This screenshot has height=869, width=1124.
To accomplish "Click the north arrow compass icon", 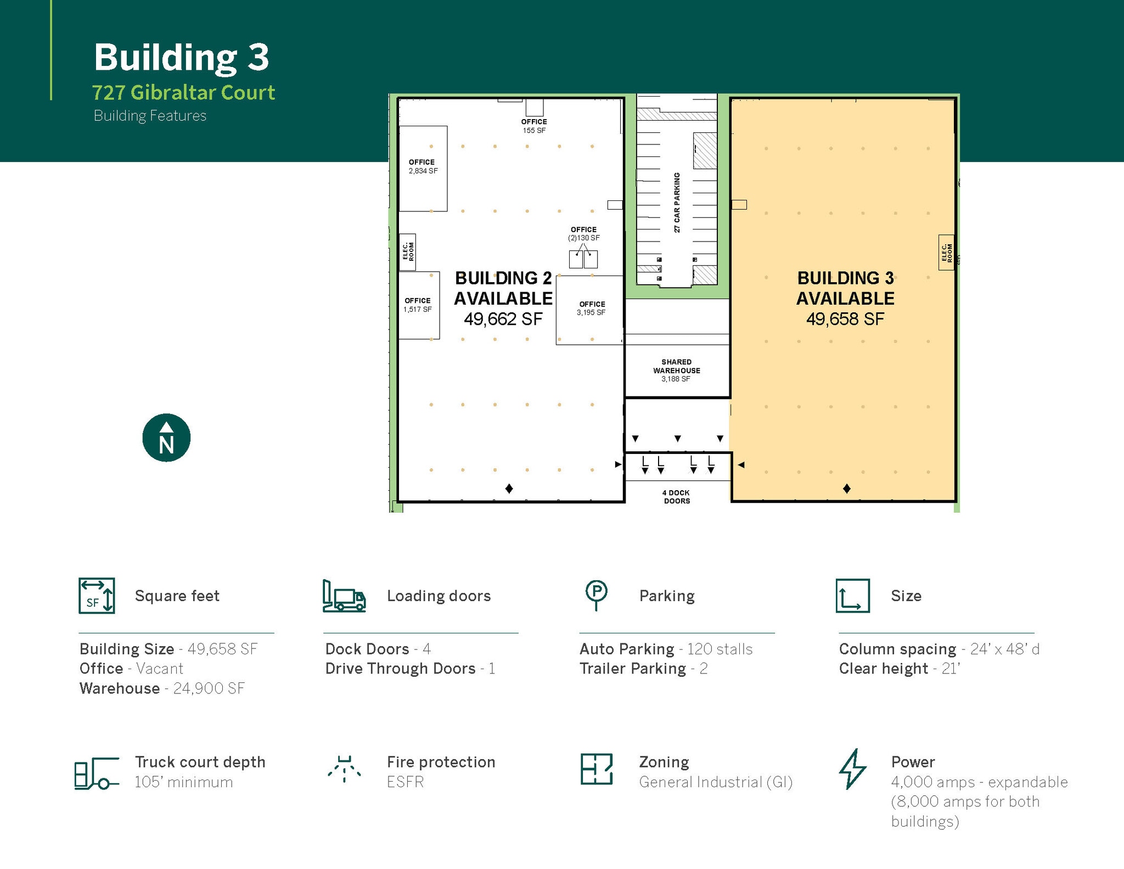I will pos(166,438).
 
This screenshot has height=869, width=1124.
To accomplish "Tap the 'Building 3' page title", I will pos(181,57).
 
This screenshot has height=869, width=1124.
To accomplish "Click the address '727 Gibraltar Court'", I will pos(183,92).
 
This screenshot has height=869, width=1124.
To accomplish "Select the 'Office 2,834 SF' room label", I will pos(422,167).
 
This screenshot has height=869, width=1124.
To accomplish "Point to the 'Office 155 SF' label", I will pos(534,126).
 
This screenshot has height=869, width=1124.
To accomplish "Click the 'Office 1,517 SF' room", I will pos(418,305).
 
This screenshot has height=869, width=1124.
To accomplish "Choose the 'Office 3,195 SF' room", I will pos(591,309).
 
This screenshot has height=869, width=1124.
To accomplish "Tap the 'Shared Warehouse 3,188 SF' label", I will pos(676,371).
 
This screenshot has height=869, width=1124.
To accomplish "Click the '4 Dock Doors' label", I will pos(676,497).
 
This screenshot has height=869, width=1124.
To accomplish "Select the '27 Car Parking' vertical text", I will pos(677,203).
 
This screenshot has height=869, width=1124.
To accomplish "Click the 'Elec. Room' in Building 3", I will pos(946,252).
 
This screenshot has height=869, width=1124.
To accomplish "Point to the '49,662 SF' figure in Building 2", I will pos(503,319).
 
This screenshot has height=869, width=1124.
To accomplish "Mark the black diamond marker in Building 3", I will pos(846,489).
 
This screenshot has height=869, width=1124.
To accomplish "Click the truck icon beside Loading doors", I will pos(344,596).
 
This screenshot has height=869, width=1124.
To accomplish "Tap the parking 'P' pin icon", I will pos(596,595).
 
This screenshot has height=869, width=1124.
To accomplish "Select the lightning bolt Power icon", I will pos(852,769).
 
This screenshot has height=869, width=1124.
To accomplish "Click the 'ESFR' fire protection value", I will pos(405,782).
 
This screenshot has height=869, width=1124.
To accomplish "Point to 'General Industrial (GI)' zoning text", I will pos(716,782).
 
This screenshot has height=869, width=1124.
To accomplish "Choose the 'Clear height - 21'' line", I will pos(899,669).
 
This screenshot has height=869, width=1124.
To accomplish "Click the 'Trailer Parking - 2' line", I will pos(643,669).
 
